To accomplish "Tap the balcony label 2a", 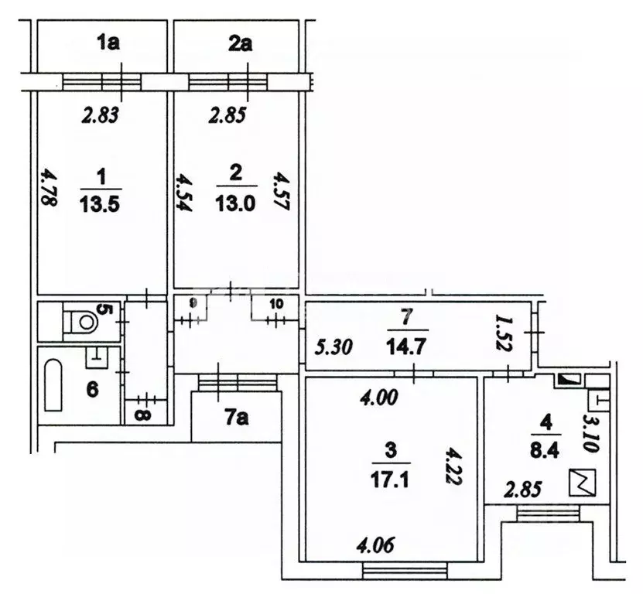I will click(x=240, y=43).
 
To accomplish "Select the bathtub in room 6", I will click(x=53, y=385).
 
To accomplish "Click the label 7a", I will click(x=237, y=420).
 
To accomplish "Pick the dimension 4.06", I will click(x=378, y=544).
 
